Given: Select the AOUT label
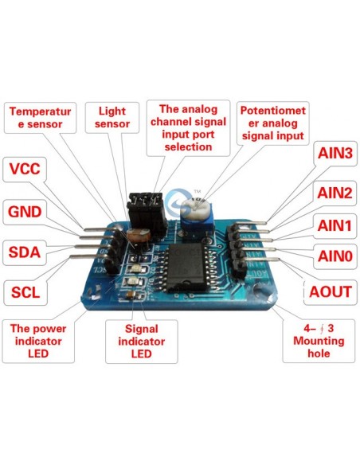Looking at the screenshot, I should (331, 291).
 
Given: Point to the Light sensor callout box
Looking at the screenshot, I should (112, 118).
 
